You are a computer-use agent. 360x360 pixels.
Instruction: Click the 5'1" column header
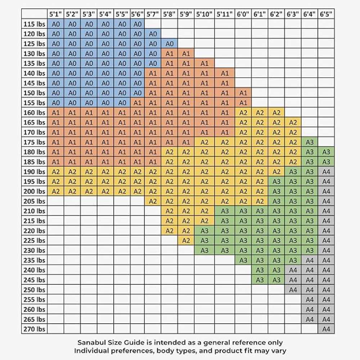click(x=56, y=14)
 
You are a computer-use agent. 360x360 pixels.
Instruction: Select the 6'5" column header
click(x=326, y=14)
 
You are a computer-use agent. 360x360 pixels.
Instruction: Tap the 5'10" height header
click(x=204, y=14)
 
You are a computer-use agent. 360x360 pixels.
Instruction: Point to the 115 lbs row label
click(x=35, y=24)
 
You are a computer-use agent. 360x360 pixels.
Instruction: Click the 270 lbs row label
click(x=35, y=329)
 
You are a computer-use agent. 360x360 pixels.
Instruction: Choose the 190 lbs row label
click(x=35, y=172)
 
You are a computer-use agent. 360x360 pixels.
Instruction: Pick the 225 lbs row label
click(x=35, y=240)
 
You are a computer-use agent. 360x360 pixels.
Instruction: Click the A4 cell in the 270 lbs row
click(x=326, y=329)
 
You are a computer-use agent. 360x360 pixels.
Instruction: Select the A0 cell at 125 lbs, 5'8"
click(x=170, y=44)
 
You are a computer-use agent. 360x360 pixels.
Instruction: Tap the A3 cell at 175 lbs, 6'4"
click(x=310, y=142)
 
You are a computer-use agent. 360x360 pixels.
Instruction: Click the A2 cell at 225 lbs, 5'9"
click(x=186, y=240)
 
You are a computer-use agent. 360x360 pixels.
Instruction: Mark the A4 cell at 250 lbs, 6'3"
click(x=293, y=290)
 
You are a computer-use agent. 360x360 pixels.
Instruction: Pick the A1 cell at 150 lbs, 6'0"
click(x=243, y=93)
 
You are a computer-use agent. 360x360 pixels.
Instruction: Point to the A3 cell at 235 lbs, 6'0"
click(x=243, y=260)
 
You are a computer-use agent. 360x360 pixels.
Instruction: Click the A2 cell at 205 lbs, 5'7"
click(x=153, y=201)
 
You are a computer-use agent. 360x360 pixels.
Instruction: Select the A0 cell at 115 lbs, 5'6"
click(x=137, y=24)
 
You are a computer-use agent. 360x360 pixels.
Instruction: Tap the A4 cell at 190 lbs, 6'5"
click(x=326, y=172)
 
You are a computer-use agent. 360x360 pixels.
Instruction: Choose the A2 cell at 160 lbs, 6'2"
click(x=276, y=113)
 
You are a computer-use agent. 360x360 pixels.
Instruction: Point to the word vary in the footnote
click(x=279, y=351)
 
